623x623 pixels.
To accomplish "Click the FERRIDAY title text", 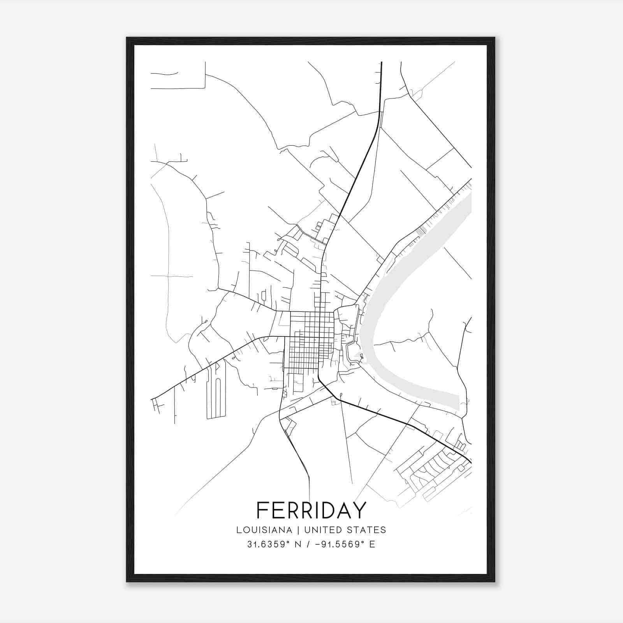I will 311,510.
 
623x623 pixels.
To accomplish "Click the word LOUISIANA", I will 264,530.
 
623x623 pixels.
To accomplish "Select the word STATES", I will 370,530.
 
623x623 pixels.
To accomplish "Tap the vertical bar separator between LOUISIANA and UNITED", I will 298,530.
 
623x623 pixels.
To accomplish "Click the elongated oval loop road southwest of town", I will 217,393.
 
